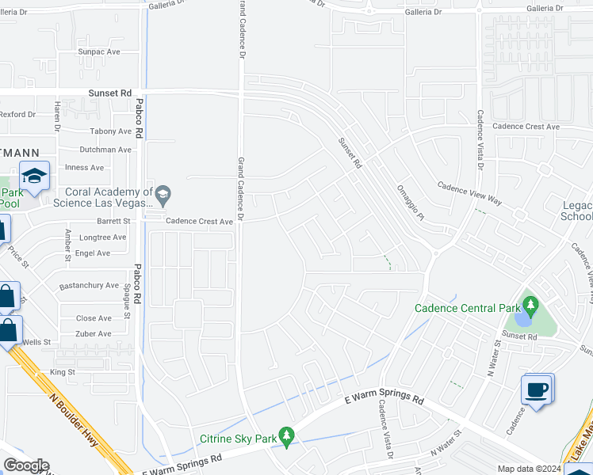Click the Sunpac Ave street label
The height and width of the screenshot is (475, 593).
(98, 51)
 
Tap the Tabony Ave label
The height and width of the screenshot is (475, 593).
(111, 131)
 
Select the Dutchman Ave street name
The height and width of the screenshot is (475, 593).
(105, 150)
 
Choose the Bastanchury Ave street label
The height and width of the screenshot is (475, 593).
(89, 285)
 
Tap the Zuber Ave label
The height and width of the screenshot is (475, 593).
(94, 334)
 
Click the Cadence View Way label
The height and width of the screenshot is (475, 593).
(470, 193)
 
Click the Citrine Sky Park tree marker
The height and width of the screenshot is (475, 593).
(286, 435)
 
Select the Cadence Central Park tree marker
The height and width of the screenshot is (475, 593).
(530, 306)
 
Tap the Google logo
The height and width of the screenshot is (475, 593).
(25, 465)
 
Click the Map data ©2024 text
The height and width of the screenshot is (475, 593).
(529, 469)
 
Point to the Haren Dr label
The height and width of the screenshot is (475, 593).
(57, 116)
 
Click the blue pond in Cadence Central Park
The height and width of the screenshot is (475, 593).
(523, 319)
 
